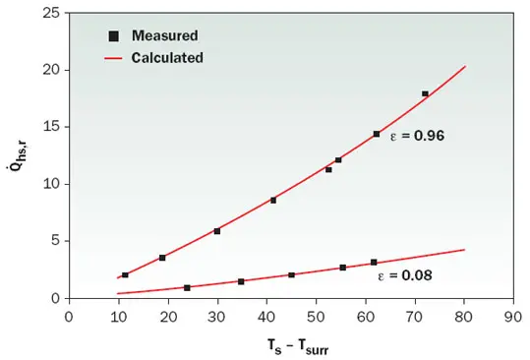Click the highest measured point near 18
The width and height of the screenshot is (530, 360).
coord(425,94)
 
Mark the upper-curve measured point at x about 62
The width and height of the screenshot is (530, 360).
coord(376,134)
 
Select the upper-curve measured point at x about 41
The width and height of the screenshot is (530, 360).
coord(272,200)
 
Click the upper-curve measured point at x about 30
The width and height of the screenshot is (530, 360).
coord(216,231)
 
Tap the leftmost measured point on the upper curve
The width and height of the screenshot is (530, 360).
coord(125,275)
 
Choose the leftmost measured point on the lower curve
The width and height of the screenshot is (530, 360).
coord(187,287)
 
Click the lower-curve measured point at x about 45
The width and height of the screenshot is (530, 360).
coord(291,274)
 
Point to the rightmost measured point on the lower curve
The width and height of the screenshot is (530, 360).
coord(374,263)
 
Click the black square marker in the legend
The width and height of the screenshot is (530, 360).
coord(114,36)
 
